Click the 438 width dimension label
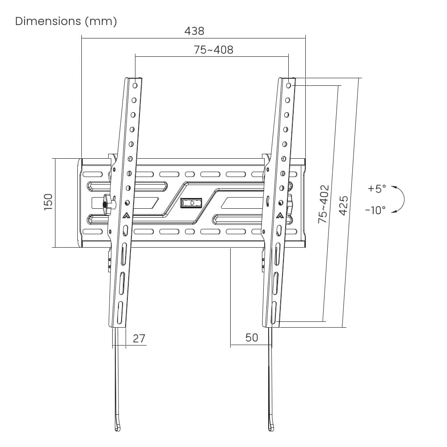[194, 31]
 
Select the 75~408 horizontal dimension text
[214, 50]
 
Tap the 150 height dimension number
[48, 202]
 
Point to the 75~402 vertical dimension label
[324, 204]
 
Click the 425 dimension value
[343, 206]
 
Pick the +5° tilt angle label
[377, 189]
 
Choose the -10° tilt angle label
[375, 211]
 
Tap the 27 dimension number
[139, 338]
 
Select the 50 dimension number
[252, 337]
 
